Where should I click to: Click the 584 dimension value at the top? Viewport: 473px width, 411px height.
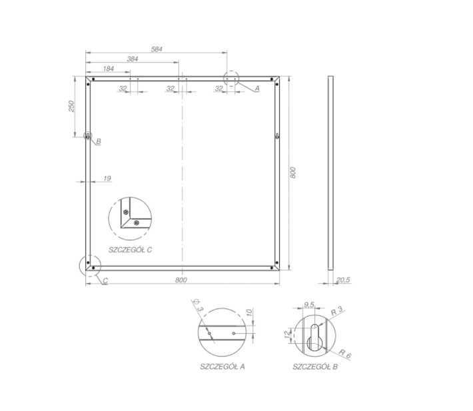tap(157, 49)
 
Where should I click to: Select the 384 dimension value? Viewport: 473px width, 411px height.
tap(133, 59)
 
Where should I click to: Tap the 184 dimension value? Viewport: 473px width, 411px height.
tap(109, 69)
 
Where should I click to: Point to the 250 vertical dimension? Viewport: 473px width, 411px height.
tap(71, 106)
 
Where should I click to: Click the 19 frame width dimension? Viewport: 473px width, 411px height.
tap(107, 179)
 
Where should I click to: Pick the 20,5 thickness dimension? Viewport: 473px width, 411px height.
tap(343, 280)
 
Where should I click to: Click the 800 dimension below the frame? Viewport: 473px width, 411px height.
tap(181, 280)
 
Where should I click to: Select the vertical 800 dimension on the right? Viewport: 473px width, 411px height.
tap(292, 173)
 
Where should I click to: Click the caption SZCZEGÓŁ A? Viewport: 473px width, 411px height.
tap(223, 366)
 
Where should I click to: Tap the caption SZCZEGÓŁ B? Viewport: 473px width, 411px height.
tap(315, 366)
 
